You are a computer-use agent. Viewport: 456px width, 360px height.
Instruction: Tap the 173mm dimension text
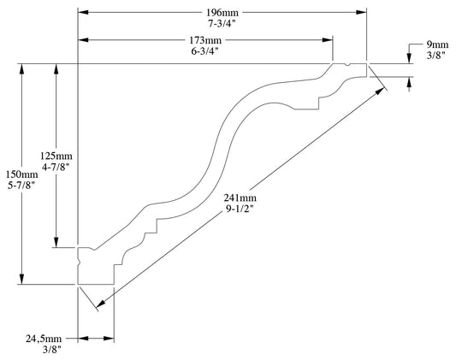pyautogui.click(x=205, y=39)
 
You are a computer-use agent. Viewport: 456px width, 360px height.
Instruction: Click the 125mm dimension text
pyautogui.click(x=56, y=156)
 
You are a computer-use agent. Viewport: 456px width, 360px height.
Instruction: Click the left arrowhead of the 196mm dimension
pyautogui.click(x=83, y=12)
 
